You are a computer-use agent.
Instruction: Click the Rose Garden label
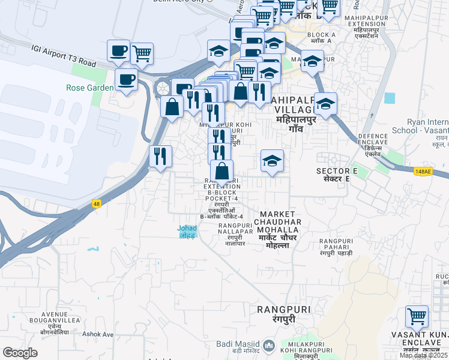[x=89, y=88]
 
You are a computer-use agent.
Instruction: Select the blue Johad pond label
[x=187, y=231]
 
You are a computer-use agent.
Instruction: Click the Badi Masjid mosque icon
[x=269, y=346]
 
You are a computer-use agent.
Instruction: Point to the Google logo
[x=20, y=353]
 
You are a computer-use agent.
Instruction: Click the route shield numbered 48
[x=96, y=204]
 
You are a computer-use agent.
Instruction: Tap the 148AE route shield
[x=423, y=172]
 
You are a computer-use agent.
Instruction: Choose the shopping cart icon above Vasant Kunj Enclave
[x=417, y=316]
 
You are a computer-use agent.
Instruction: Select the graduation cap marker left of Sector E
[x=272, y=161]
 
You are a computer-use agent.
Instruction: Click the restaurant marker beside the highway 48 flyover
[x=160, y=157]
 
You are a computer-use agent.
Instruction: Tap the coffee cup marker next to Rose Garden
[x=126, y=79]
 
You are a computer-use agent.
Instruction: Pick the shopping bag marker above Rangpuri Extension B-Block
[x=221, y=171]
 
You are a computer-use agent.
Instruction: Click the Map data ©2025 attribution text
[x=423, y=355]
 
